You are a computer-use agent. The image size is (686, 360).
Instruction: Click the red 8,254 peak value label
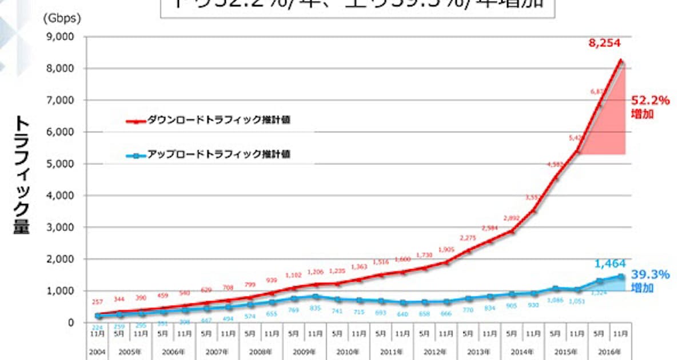pyautogui.click(x=605, y=43)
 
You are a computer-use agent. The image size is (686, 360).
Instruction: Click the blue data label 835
pyautogui.click(x=316, y=309)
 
